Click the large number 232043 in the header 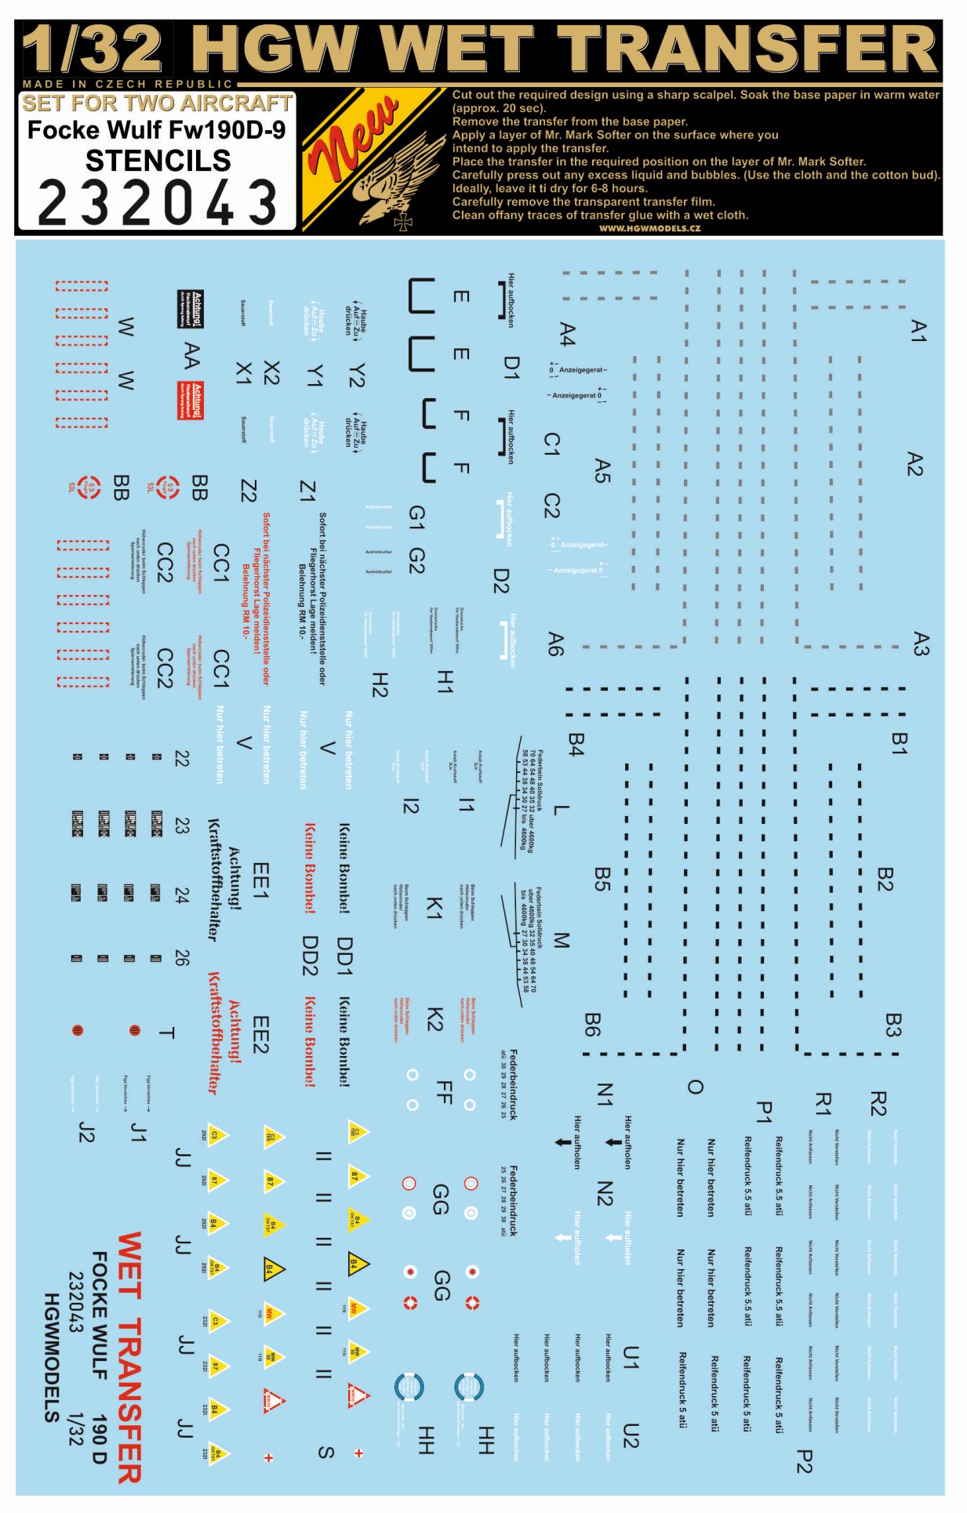[x=157, y=202]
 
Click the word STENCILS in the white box [x=158, y=161]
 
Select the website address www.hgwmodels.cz [x=649, y=228]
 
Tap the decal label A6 [x=555, y=644]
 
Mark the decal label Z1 [x=307, y=492]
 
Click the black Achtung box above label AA [x=190, y=308]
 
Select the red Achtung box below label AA [x=190, y=401]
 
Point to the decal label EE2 [x=260, y=1035]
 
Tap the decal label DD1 [x=344, y=956]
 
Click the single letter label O [x=695, y=1087]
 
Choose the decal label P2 [x=803, y=1461]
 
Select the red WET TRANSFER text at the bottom [x=129, y=1357]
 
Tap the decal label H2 [x=380, y=684]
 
